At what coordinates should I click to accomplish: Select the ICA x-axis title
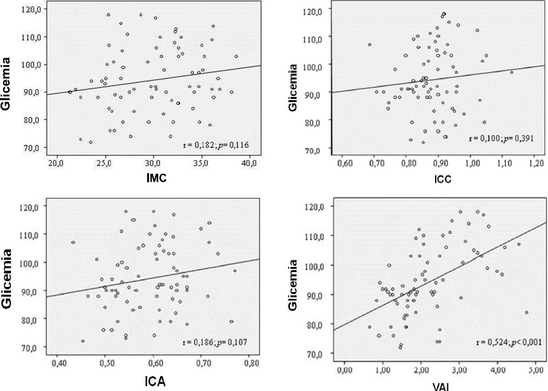point(154,381)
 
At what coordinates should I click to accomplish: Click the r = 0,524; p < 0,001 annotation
point(508,342)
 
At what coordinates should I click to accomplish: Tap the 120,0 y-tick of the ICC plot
point(313,11)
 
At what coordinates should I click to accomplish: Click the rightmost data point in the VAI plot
point(527,312)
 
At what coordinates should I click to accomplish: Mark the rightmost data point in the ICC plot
point(512,72)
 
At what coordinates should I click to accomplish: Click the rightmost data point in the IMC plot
point(236,56)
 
